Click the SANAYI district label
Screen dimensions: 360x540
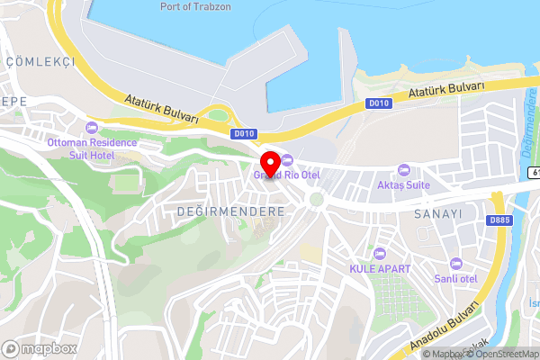point(438,214)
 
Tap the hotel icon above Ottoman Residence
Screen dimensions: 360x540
point(92,128)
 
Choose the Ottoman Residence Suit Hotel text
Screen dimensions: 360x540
point(92,148)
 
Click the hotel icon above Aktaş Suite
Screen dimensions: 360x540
point(404,170)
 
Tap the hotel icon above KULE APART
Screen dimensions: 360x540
point(380,254)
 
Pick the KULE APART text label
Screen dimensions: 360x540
point(380,269)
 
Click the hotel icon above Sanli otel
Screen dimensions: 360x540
point(456,262)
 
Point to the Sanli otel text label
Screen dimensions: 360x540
point(456,277)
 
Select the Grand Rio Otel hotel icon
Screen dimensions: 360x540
point(288,159)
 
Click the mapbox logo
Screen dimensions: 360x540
point(38,346)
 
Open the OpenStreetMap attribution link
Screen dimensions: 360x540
point(499,354)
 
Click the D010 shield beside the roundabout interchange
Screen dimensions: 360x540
point(240,134)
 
